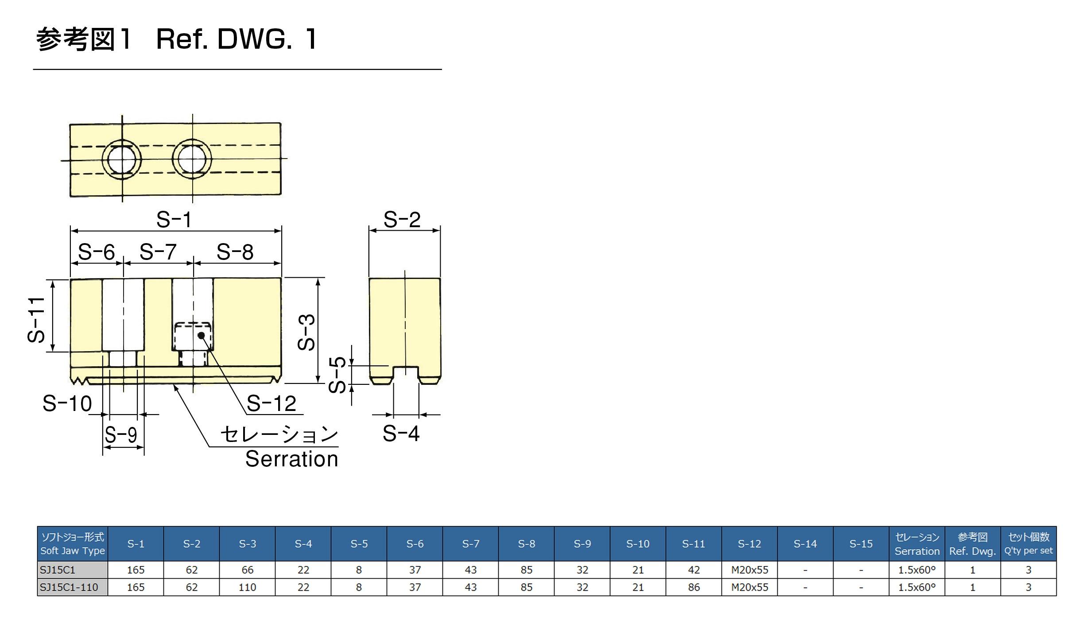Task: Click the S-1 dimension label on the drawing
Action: [174, 220]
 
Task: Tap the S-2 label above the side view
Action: [402, 220]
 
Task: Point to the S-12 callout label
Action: [271, 403]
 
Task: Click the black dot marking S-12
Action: [202, 335]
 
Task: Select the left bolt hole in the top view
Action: [122, 159]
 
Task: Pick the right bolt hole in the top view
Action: [192, 159]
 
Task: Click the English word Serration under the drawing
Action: [292, 459]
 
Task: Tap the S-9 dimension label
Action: [120, 435]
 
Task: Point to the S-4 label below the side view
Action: [401, 433]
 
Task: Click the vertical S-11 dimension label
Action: [36, 320]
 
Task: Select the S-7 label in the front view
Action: [158, 252]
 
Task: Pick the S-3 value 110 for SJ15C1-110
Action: [247, 587]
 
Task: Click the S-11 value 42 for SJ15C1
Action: [694, 570]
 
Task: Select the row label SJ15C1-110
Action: [69, 587]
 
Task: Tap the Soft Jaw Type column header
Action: [73, 544]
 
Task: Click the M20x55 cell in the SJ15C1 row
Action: [749, 570]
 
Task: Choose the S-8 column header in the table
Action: [526, 544]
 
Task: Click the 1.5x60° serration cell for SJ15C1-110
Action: [917, 587]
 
